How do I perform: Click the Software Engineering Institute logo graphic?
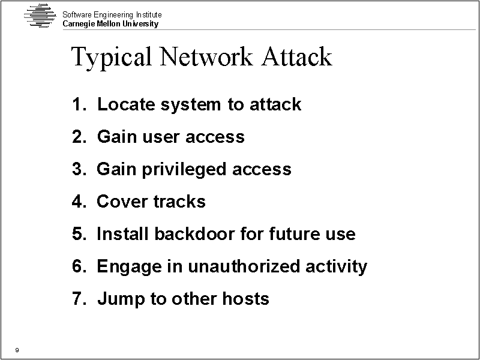coord(40,16)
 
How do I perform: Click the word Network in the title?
coord(206,56)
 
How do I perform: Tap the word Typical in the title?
coord(112,58)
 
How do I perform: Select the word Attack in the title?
coord(296,56)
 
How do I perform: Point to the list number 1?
coord(79,104)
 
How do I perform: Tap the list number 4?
coord(79,202)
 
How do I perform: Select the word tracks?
coord(179,202)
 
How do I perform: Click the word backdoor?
coord(194,233)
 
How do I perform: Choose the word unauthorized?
coord(244,266)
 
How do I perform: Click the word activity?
coord(336,266)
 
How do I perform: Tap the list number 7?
coord(79,298)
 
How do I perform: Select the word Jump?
coord(121,299)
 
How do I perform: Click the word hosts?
coord(246,298)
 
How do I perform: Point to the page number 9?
coord(17,350)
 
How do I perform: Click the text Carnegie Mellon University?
coord(110,24)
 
